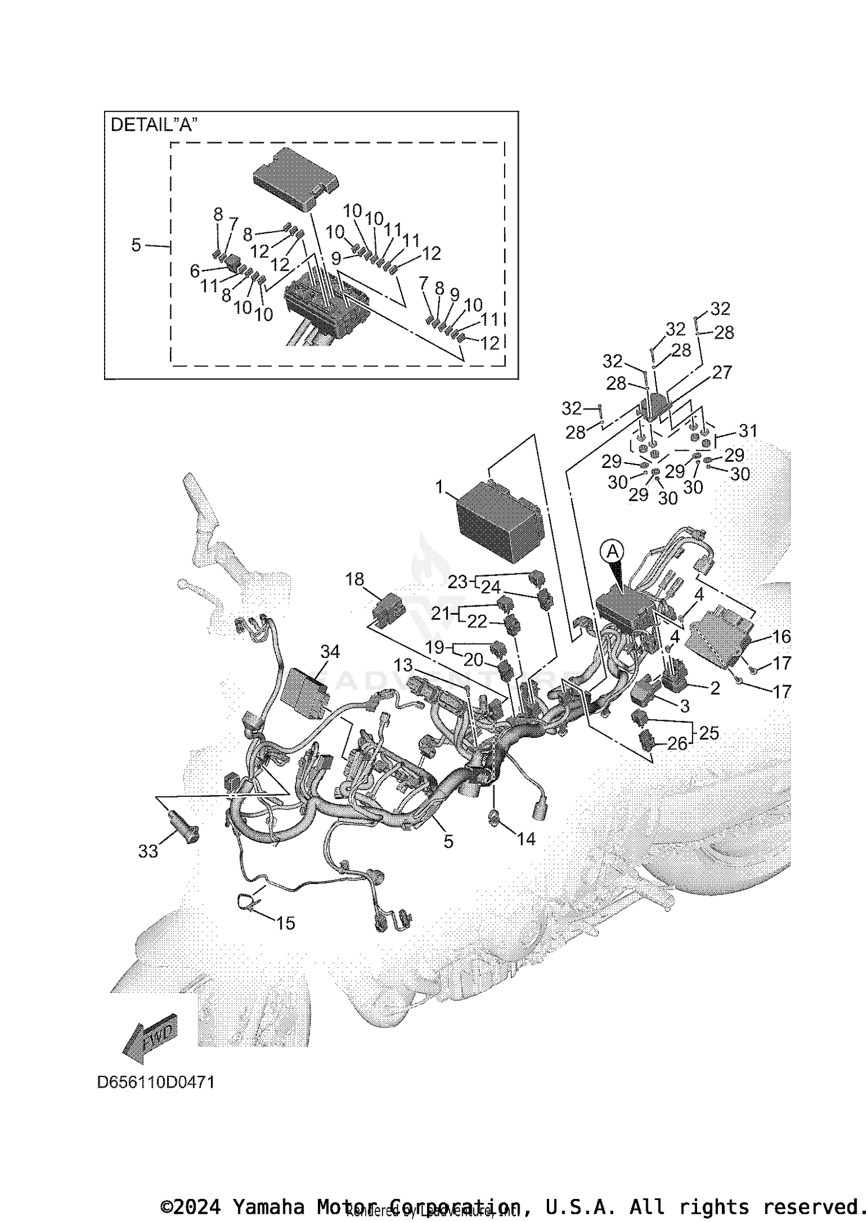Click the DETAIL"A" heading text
(154, 125)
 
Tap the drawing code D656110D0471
(155, 1082)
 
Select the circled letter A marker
(612, 553)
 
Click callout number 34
(330, 652)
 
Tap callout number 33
(147, 851)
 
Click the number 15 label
(286, 923)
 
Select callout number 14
(525, 838)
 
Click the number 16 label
(781, 637)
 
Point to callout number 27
(722, 373)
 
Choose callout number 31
(748, 430)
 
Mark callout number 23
(457, 581)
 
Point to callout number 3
(684, 705)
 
